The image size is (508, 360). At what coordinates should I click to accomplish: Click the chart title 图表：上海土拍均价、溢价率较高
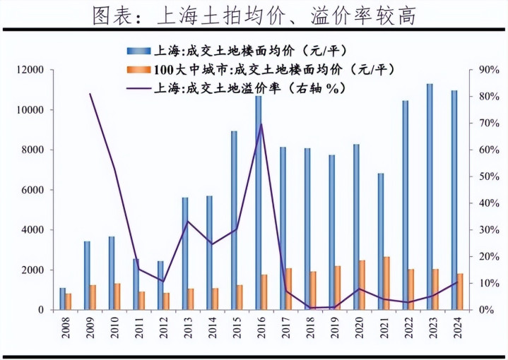[x=254, y=16]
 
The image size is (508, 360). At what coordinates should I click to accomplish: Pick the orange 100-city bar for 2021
[x=386, y=283]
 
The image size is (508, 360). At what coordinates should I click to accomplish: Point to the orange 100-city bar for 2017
[x=288, y=289]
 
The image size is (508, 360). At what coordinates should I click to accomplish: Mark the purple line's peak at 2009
[x=90, y=94]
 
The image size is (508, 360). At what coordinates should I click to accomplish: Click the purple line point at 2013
[x=187, y=222]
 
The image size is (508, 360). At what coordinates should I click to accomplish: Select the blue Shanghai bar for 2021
[x=380, y=241]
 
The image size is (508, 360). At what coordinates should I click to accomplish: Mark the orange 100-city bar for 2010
[x=117, y=296]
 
